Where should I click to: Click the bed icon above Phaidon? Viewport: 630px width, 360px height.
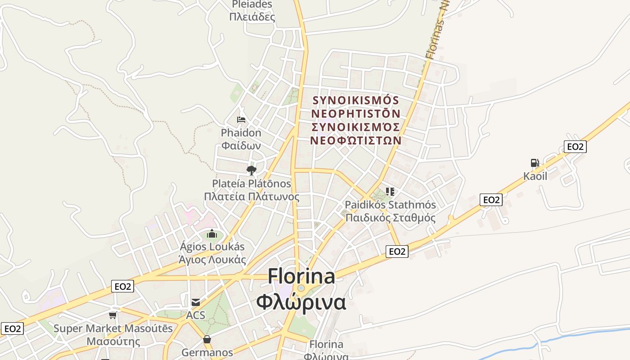[x=241, y=120]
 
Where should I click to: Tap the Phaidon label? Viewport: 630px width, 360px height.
[x=241, y=133]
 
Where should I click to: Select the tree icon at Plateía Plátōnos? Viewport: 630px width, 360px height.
[x=251, y=170]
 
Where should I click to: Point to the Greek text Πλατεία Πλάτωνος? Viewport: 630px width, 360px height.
[x=252, y=197]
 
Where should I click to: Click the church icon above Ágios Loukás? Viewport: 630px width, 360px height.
[x=212, y=234]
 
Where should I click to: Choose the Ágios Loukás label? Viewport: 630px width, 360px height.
[x=212, y=247]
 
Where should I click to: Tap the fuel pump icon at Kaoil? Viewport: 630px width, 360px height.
[x=535, y=163]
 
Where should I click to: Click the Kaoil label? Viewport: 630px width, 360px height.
[x=535, y=176]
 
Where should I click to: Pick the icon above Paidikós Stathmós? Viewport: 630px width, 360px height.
[x=390, y=192]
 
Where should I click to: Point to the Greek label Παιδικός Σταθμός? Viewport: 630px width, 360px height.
[x=390, y=218]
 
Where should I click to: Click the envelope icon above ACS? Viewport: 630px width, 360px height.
[x=196, y=302]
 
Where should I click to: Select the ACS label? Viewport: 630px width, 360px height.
[x=196, y=315]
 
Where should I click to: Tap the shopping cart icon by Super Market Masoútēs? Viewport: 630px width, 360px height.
[x=112, y=315]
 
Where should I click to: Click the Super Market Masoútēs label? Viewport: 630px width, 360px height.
[x=113, y=328]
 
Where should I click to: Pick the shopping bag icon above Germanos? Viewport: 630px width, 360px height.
[x=207, y=339]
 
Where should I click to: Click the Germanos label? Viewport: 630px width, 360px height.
[x=207, y=352]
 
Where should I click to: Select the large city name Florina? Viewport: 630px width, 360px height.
[x=301, y=276]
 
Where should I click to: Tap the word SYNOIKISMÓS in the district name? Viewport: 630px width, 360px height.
[x=355, y=100]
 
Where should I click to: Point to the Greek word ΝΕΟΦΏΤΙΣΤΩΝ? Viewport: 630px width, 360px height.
[x=355, y=140]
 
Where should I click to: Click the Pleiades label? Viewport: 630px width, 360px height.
[x=252, y=4]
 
